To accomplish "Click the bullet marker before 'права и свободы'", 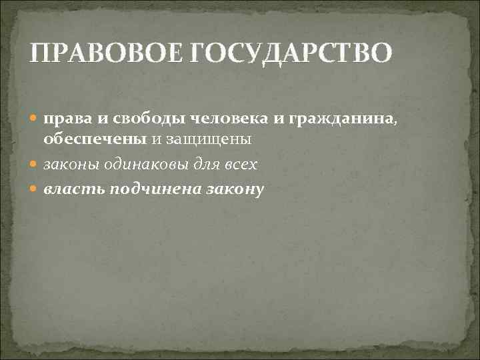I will click(35, 119).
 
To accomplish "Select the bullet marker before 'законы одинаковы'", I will click(35, 165).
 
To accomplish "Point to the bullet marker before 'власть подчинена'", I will click(35, 190).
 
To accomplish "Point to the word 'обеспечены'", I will click(91, 140).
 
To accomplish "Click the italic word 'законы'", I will click(67, 165).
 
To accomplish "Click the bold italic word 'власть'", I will click(73, 190).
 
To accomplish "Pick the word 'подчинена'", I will click(153, 190).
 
